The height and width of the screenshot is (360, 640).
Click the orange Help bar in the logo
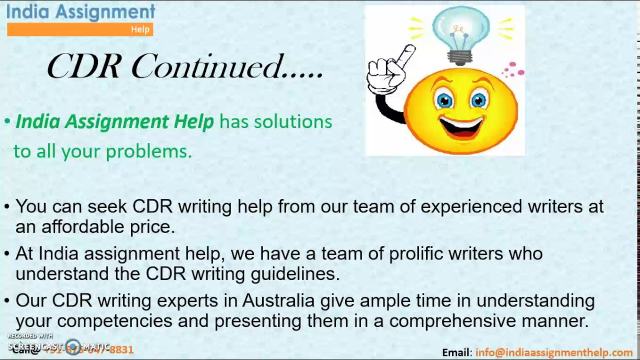(x=80, y=29)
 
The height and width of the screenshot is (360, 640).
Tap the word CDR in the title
(x=84, y=67)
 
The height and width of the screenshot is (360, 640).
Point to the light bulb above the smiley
(x=460, y=34)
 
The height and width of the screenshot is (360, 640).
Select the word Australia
(x=278, y=300)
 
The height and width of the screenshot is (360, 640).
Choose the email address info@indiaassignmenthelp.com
(x=554, y=352)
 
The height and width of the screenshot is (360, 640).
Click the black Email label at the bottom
(x=456, y=352)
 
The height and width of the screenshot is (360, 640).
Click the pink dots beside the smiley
(x=513, y=69)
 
